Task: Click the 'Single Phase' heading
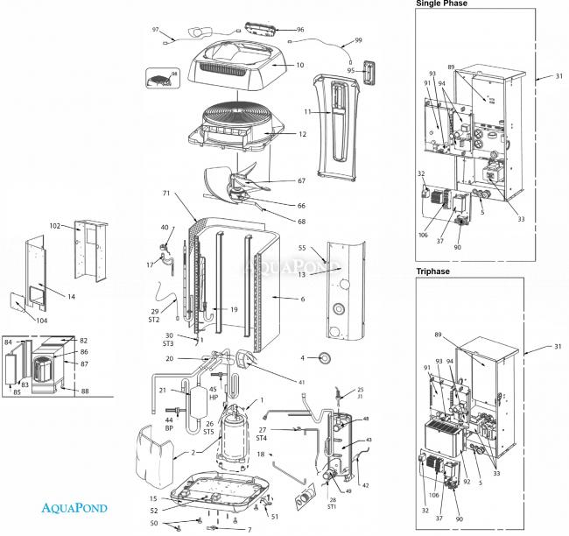tap(441, 4)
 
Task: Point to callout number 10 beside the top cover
tap(299, 65)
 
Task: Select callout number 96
tap(299, 29)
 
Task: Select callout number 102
tap(55, 227)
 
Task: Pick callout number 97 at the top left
tap(156, 30)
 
